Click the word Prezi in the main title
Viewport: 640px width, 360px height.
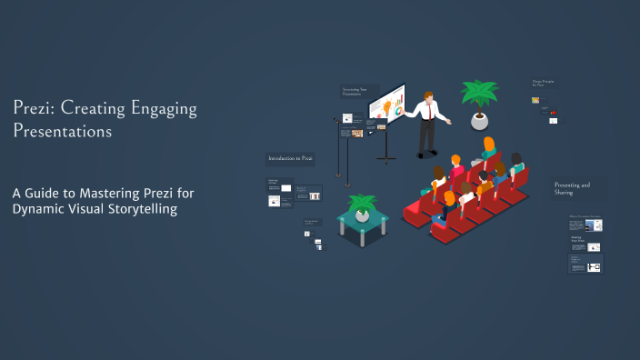(32, 109)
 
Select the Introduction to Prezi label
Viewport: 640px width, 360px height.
(290, 158)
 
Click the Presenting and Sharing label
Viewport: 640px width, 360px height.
(572, 188)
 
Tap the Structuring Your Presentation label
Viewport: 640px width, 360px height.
(355, 92)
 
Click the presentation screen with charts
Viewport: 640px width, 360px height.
(386, 105)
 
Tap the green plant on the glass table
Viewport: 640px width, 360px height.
(362, 204)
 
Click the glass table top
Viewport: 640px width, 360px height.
(363, 222)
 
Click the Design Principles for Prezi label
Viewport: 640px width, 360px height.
(544, 85)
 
